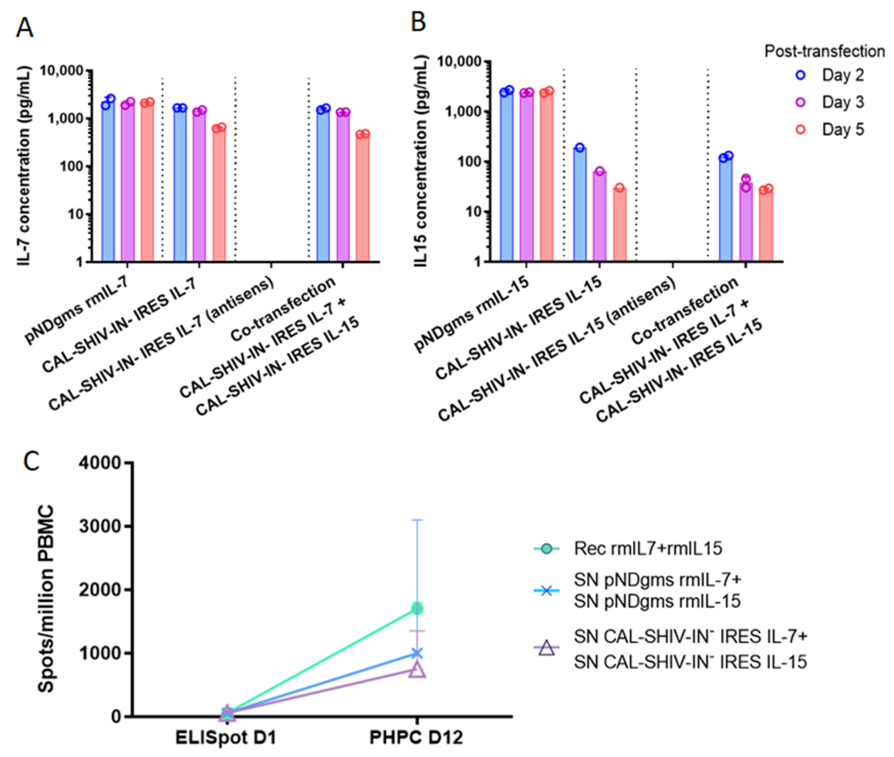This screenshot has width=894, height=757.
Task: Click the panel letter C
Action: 31,461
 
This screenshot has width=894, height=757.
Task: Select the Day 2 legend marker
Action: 801,76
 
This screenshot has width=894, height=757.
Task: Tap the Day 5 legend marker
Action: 801,130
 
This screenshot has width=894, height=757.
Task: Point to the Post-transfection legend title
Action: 824,51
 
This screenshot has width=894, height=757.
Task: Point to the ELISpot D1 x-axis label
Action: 226,738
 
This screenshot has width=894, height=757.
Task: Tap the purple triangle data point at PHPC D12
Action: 417,670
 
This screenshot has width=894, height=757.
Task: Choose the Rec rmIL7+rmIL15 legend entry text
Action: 648,548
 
